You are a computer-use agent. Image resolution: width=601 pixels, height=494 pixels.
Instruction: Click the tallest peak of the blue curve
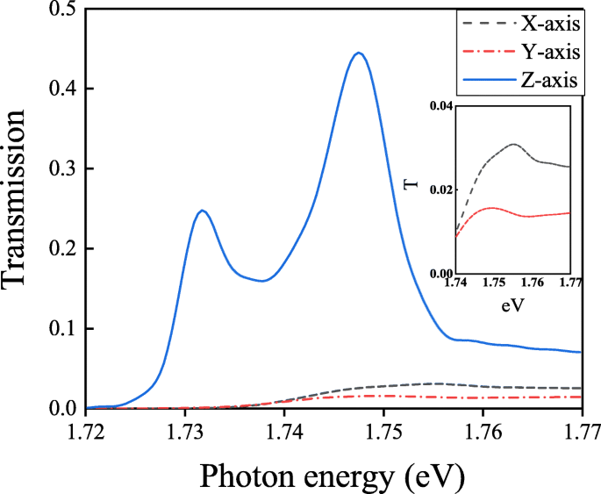tap(358, 53)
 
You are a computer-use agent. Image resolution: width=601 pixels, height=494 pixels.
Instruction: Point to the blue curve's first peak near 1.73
tap(203, 211)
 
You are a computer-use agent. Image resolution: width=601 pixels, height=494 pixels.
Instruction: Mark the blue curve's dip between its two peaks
tap(261, 281)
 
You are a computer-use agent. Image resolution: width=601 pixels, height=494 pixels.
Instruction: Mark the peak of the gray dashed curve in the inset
tap(514, 144)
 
